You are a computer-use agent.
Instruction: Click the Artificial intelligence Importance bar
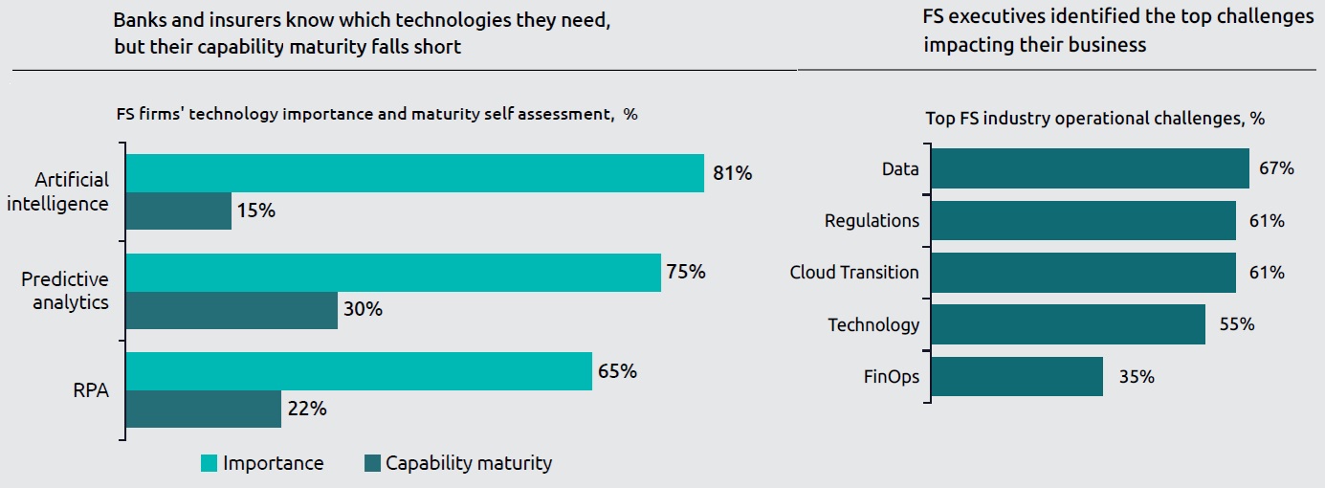tap(414, 173)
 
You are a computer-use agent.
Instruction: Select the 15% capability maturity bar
tap(179, 211)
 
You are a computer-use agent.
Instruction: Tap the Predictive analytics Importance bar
tap(393, 272)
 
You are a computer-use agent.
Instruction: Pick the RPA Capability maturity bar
tap(204, 409)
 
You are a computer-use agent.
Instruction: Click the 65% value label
tap(618, 371)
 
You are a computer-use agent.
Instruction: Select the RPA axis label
tap(92, 389)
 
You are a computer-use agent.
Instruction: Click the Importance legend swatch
tap(209, 464)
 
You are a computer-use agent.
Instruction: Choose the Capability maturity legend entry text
tap(469, 464)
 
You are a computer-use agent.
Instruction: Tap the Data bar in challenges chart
tap(1090, 168)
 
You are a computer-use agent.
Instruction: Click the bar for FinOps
tap(1017, 377)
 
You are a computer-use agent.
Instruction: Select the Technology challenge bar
tap(1068, 324)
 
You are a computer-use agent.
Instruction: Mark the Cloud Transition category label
tap(854, 273)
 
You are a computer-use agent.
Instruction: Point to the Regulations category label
tap(872, 221)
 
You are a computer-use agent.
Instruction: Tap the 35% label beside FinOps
tap(1137, 377)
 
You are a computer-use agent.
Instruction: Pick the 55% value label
tap(1238, 324)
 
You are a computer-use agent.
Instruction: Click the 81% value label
tap(733, 173)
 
